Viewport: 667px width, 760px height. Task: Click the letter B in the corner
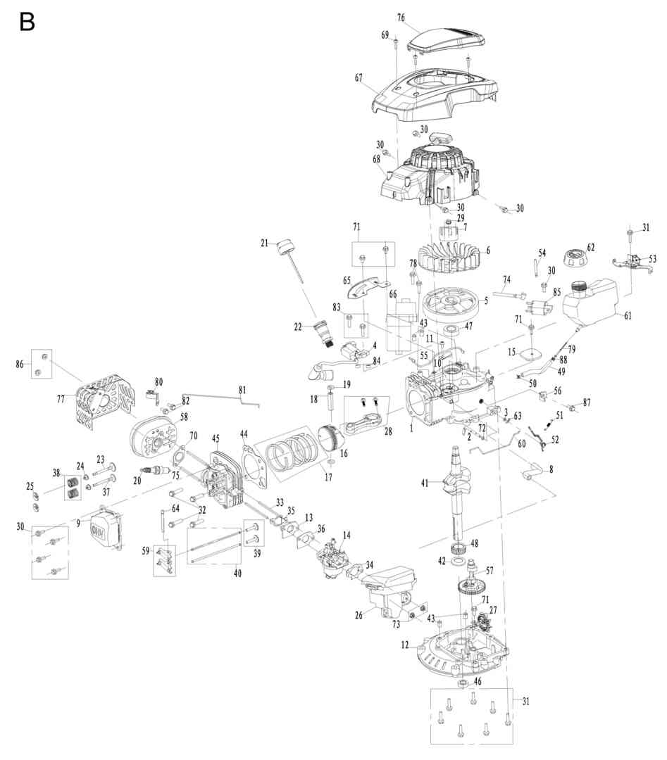tap(27, 22)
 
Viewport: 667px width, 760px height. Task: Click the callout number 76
tap(401, 18)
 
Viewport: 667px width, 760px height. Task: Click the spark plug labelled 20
tap(155, 471)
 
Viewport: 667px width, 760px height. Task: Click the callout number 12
tap(405, 645)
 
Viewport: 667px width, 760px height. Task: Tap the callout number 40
tap(237, 574)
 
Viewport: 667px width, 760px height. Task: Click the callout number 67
tap(359, 77)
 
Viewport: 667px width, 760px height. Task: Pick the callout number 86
tap(20, 364)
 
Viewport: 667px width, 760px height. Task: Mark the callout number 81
tap(242, 390)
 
